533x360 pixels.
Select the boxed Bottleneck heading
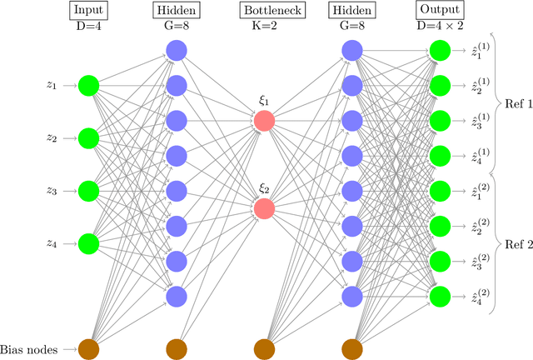pyautogui.click(x=263, y=11)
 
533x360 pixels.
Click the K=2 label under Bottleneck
pyautogui.click(x=263, y=27)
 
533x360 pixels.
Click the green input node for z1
pyautogui.click(x=87, y=85)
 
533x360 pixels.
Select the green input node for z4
pyautogui.click(x=87, y=243)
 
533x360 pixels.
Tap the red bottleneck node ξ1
pyautogui.click(x=263, y=120)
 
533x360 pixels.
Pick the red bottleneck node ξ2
pyautogui.click(x=263, y=207)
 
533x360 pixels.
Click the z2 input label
pyautogui.click(x=52, y=138)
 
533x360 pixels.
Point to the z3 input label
pyautogui.click(x=52, y=191)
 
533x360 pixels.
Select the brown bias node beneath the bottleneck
pyautogui.click(x=263, y=349)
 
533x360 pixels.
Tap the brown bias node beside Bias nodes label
pyautogui.click(x=87, y=349)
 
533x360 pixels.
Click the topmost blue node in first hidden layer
pyautogui.click(x=175, y=50)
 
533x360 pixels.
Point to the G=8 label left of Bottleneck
pyautogui.click(x=175, y=27)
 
